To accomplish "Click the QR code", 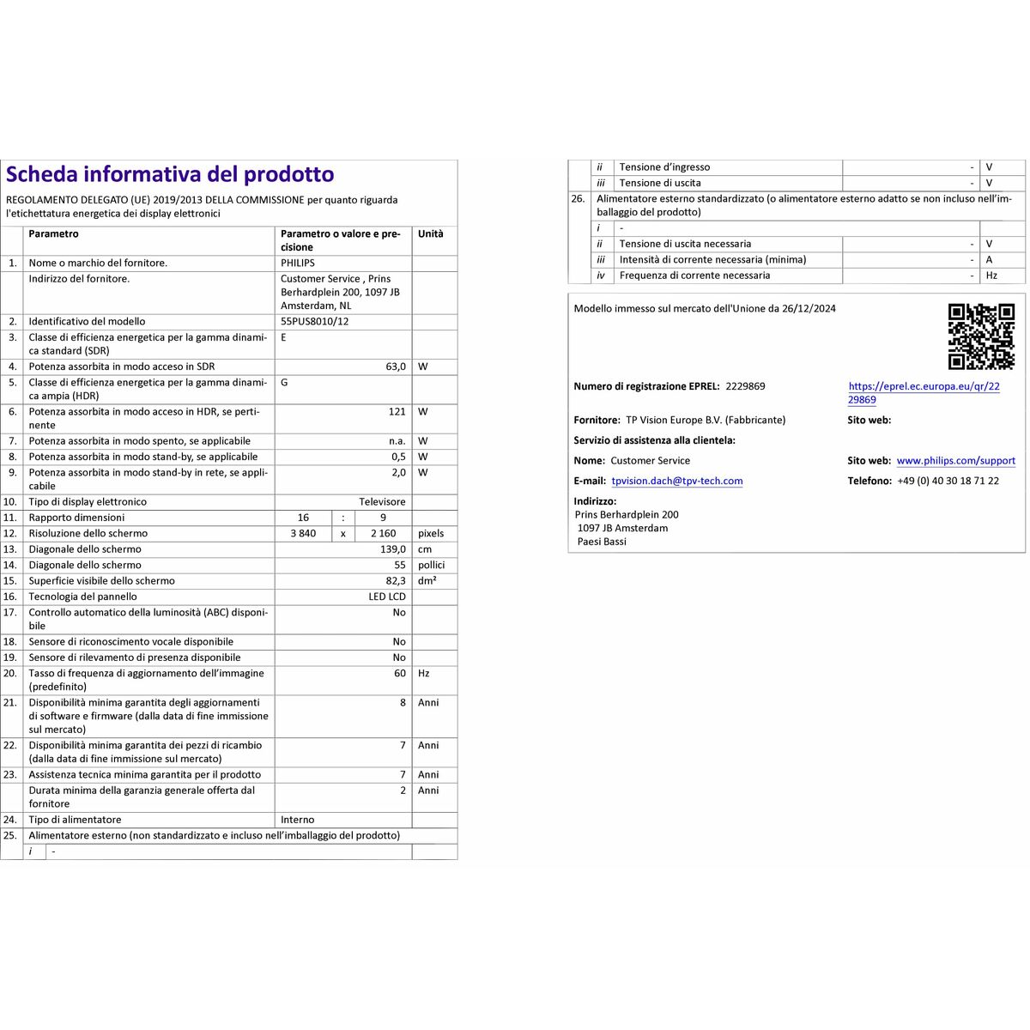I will point(981,336).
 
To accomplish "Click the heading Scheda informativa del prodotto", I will point(170,174).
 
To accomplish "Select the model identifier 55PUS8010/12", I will point(314,322).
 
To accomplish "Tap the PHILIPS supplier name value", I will point(298,264).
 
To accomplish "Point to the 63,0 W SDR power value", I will point(396,367).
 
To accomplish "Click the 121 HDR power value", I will point(397,412).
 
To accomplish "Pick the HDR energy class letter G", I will point(284,383).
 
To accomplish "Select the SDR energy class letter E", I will point(284,337).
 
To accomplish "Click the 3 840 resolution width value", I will point(303,534).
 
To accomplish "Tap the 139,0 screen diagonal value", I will point(393,549).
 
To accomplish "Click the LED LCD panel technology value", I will point(387,597).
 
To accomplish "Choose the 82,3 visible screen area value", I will point(396,581).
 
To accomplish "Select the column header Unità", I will point(431,234).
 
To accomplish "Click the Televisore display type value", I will point(382,502).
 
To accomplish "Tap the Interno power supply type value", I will point(298,820).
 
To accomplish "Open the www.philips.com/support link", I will point(955,461).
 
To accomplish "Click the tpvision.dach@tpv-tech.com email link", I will point(677,482).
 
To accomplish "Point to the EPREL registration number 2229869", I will point(745,386).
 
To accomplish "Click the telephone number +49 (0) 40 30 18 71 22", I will point(948,482).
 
